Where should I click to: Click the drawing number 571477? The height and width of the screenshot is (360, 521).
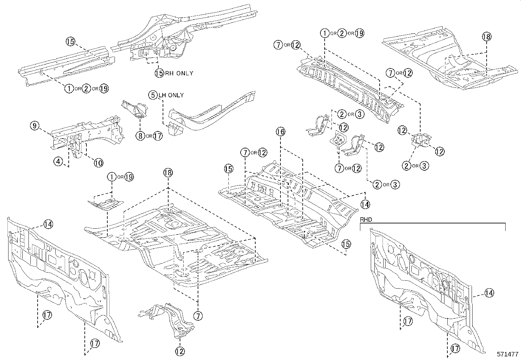pyautogui.click(x=508, y=354)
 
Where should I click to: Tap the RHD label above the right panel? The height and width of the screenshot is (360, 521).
pyautogui.click(x=366, y=220)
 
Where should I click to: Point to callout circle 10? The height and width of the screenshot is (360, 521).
pyautogui.click(x=99, y=162)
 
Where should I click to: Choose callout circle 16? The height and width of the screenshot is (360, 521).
pyautogui.click(x=280, y=132)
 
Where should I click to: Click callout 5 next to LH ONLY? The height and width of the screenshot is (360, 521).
pyautogui.click(x=153, y=95)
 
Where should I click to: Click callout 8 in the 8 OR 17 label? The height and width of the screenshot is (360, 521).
pyautogui.click(x=140, y=136)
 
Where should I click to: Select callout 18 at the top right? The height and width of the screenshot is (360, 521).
pyautogui.click(x=487, y=36)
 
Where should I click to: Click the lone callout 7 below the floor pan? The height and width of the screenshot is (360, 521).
pyautogui.click(x=198, y=316)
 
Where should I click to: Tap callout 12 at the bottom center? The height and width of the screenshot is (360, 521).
pyautogui.click(x=180, y=351)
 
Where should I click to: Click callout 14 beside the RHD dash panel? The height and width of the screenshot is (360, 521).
pyautogui.click(x=489, y=293)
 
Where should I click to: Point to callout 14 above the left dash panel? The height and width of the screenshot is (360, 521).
pyautogui.click(x=48, y=224)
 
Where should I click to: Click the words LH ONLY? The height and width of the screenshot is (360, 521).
pyautogui.click(x=171, y=95)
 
